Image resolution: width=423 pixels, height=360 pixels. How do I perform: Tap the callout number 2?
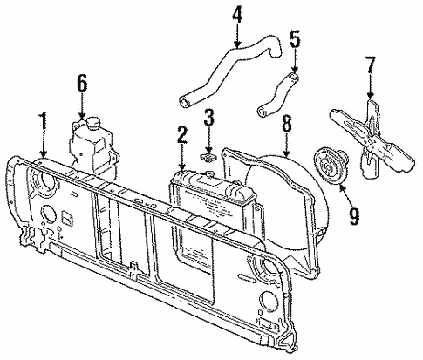tap(181, 134)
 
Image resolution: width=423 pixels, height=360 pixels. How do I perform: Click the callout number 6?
tap(83, 83)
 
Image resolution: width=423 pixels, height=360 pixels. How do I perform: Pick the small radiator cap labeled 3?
tap(208, 158)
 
